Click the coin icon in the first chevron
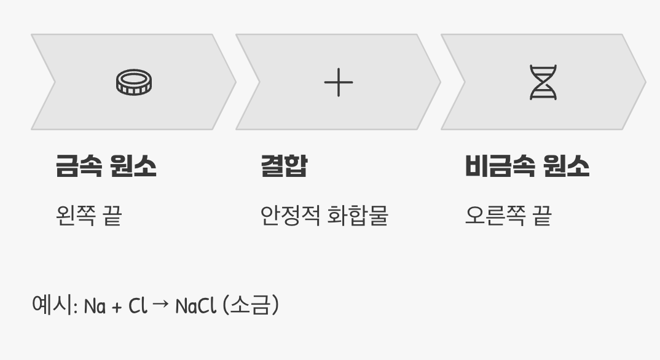[x=134, y=82]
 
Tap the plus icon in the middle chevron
[x=339, y=82]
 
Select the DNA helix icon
[x=543, y=82]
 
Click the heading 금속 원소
[x=106, y=166]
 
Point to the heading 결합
[x=284, y=166]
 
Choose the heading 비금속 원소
[x=527, y=166]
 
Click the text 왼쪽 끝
[x=88, y=216]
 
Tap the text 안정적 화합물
[x=324, y=216]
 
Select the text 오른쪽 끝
[x=508, y=216]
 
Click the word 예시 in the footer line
[x=53, y=305]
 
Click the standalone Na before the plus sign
[x=95, y=305]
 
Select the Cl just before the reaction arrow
[x=138, y=305]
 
